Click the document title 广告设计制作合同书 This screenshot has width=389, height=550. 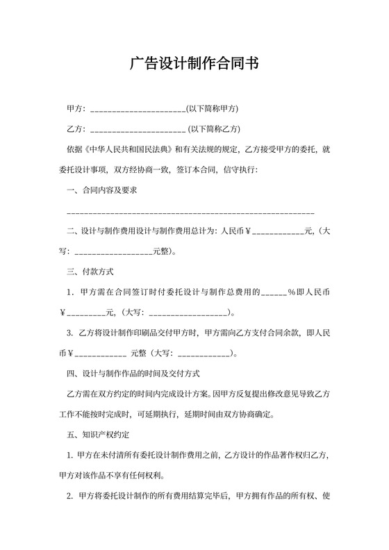[194, 65]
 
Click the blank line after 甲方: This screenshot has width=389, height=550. [138, 109]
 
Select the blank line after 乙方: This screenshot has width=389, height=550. [138, 129]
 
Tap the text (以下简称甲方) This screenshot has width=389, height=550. [213, 109]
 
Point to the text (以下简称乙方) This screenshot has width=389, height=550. [214, 129]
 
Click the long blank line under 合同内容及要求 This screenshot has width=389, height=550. [190, 210]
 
